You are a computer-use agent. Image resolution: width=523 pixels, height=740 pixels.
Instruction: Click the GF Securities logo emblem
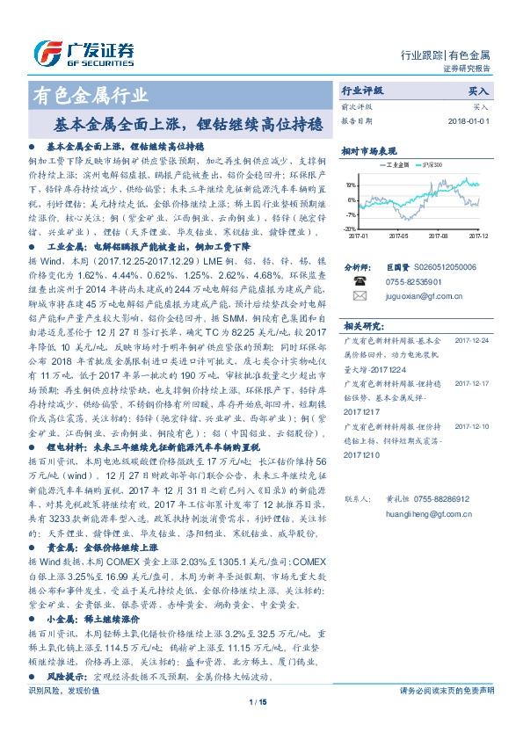click(x=44, y=51)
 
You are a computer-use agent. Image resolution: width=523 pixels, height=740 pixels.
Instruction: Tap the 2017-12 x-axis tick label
click(x=477, y=236)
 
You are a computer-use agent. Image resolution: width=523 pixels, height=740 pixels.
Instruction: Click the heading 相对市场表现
click(x=368, y=151)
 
